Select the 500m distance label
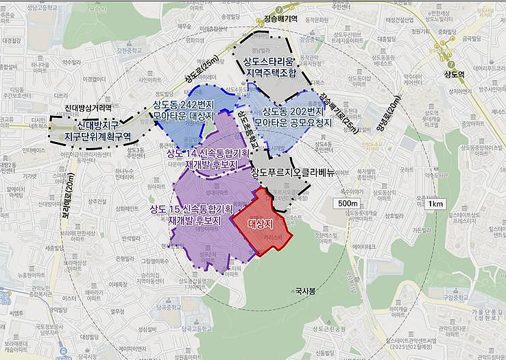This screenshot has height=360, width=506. point(348,204)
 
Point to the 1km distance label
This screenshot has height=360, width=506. point(435,204)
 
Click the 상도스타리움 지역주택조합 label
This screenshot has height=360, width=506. point(268,66)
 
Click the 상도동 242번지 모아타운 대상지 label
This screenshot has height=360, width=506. point(184,110)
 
